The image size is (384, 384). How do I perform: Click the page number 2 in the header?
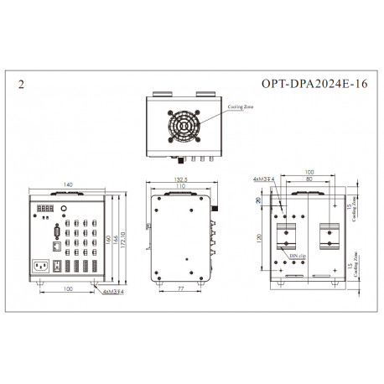pyautogui.click(x=21, y=86)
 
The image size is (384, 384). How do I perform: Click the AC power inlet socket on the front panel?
pyautogui.click(x=39, y=268)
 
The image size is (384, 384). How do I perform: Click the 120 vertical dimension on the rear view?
pyautogui.click(x=259, y=238)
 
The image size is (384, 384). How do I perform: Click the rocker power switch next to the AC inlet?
pyautogui.click(x=55, y=269)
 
